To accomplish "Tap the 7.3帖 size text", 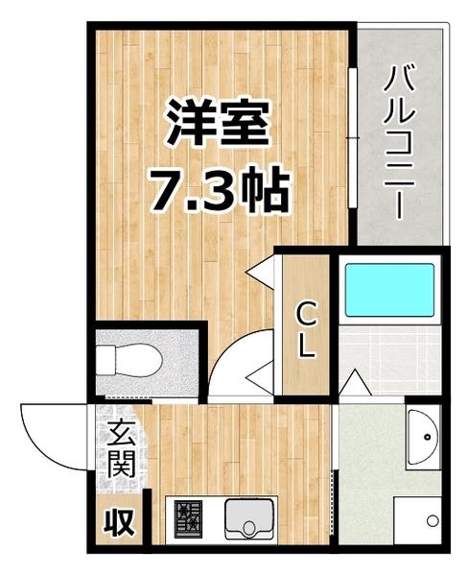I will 218,191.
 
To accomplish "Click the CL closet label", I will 305,329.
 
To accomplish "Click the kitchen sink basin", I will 249,520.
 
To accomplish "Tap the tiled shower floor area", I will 389,359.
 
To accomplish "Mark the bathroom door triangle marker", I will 351,385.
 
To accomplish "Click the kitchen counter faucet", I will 249,529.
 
